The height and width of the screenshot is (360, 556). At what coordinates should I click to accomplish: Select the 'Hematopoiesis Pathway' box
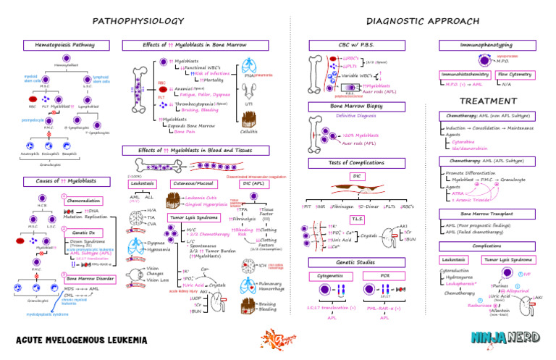click(x=64, y=45)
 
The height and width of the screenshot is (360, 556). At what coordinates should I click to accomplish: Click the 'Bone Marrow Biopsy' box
click(x=345, y=106)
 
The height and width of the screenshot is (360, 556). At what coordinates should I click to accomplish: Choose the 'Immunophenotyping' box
click(x=476, y=45)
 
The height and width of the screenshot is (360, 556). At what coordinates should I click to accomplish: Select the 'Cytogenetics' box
click(x=333, y=276)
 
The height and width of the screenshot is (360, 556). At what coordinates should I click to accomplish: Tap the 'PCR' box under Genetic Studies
click(x=385, y=276)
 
